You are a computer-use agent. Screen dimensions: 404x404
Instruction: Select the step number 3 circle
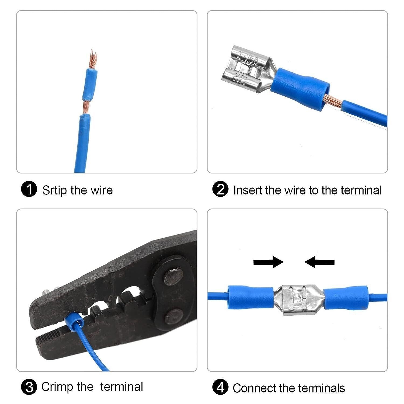tap(29, 387)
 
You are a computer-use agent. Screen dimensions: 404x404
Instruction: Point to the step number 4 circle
tap(220, 388)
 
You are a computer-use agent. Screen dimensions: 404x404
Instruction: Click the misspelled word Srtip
tap(54, 190)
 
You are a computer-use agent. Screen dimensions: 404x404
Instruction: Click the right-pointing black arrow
tap(268, 262)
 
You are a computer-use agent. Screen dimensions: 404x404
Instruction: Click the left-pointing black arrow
tap(319, 262)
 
